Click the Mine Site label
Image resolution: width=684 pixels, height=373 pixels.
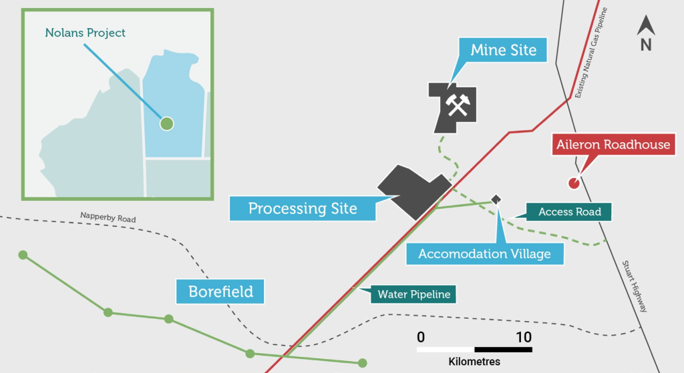pyautogui.click(x=503, y=50)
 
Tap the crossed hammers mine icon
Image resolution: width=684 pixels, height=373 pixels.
pyautogui.click(x=457, y=105)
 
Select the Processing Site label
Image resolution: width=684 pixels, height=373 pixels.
pyautogui.click(x=303, y=208)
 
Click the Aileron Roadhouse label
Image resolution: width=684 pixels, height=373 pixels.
pyautogui.click(x=613, y=145)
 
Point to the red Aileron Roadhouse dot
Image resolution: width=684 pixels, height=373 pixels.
pyautogui.click(x=574, y=183)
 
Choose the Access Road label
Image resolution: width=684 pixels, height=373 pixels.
pyautogui.click(x=569, y=212)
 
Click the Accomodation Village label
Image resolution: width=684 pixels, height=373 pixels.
pyautogui.click(x=485, y=254)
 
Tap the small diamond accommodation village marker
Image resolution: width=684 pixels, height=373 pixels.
pyautogui.click(x=496, y=200)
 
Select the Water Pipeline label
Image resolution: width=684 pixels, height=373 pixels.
pyautogui.click(x=413, y=294)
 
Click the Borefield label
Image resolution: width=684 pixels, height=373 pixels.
pyautogui.click(x=220, y=291)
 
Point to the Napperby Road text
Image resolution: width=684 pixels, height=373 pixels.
pyautogui.click(x=108, y=217)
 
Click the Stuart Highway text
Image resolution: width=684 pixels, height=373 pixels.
pyautogui.click(x=635, y=286)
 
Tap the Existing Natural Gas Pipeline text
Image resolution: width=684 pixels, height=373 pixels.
pyautogui.click(x=590, y=53)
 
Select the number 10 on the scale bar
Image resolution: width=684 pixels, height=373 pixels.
pyautogui.click(x=524, y=337)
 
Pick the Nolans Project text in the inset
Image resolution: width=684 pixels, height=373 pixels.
pyautogui.click(x=85, y=33)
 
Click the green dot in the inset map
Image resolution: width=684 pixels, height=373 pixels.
pyautogui.click(x=166, y=123)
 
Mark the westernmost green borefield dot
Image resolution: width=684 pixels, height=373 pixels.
pyautogui.click(x=23, y=255)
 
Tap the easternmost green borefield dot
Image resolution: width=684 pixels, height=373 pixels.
pyautogui.click(x=363, y=363)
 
